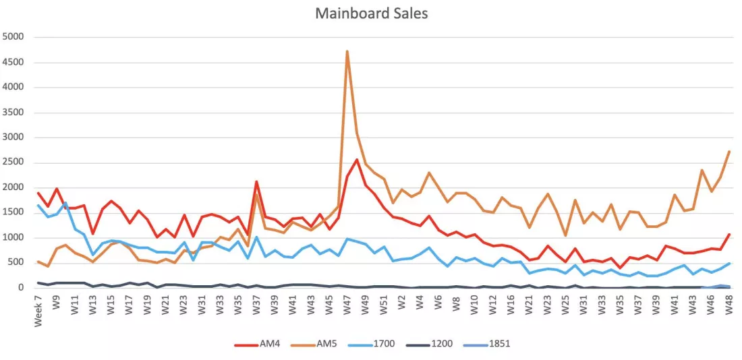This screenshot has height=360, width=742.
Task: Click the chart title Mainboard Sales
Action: pos(372,13)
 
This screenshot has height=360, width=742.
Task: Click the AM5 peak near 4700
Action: pos(347,51)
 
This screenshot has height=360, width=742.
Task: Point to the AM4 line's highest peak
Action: pos(357,159)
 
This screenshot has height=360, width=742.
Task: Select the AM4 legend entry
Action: pos(258,344)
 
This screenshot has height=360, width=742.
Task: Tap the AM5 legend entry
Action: pos(314,344)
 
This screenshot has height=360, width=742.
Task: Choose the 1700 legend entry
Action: pos(372,344)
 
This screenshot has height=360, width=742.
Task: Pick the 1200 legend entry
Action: pos(429,344)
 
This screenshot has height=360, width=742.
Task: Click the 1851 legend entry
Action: pos(486,344)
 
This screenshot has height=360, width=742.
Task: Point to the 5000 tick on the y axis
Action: pos(13,37)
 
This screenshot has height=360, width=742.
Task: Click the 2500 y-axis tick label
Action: pos(13,162)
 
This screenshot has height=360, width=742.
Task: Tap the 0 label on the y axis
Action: pos(20,288)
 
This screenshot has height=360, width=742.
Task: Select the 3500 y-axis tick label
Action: pos(13,113)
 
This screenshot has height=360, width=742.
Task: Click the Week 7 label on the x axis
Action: pos(38,310)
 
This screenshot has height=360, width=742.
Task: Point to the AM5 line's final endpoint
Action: pos(729,152)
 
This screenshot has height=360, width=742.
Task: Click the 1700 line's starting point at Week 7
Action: pos(38,206)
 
